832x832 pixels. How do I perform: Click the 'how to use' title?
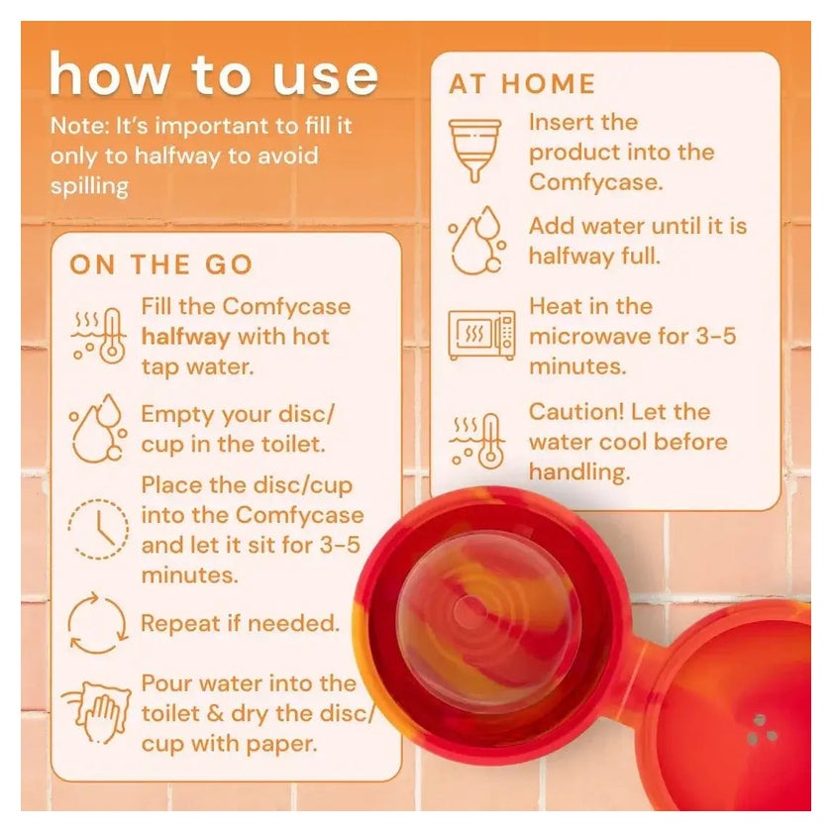[213, 74]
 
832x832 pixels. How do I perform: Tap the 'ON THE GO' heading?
[160, 264]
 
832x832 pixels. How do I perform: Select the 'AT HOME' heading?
[522, 84]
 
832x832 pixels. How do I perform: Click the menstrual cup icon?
[474, 151]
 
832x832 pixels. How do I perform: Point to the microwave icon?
[481, 335]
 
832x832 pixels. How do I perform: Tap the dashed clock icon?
[98, 529]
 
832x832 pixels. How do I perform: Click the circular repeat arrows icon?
[98, 623]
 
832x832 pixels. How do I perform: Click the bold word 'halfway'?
[186, 338]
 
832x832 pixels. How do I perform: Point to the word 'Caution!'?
[575, 412]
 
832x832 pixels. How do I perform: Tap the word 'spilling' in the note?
[90, 187]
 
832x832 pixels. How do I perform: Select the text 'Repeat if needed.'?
[240, 623]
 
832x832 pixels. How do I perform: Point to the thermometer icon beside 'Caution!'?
[477, 441]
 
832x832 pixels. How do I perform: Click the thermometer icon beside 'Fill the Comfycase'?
[99, 336]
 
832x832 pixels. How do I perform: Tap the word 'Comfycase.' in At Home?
[596, 183]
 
